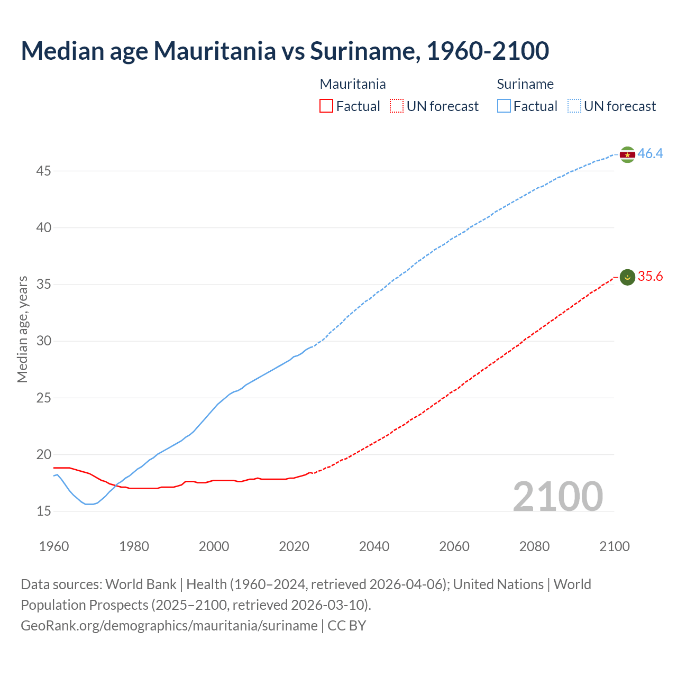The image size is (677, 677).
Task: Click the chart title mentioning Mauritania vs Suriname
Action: pyautogui.click(x=285, y=51)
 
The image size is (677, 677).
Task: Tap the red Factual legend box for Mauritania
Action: pyautogui.click(x=326, y=106)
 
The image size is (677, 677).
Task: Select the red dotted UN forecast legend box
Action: pyautogui.click(x=397, y=106)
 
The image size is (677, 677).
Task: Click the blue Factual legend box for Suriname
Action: pyautogui.click(x=504, y=106)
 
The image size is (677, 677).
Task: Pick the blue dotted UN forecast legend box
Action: pyautogui.click(x=574, y=106)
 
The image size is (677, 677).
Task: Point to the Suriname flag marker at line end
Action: pyautogui.click(x=627, y=154)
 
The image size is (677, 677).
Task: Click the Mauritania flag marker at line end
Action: pyautogui.click(x=627, y=277)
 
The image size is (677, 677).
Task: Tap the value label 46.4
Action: pyautogui.click(x=650, y=154)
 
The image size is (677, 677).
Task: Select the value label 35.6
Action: pyautogui.click(x=650, y=277)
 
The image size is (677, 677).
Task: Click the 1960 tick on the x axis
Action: pyautogui.click(x=54, y=546)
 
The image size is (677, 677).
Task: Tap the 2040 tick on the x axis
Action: pyautogui.click(x=374, y=546)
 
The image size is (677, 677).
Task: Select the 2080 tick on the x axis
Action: pyautogui.click(x=534, y=546)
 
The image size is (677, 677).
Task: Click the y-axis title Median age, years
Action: pyautogui.click(x=22, y=329)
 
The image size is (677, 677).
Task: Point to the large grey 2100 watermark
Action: pyautogui.click(x=557, y=496)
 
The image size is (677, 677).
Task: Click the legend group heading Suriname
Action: pyautogui.click(x=525, y=84)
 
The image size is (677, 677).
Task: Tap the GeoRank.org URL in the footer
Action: pyautogui.click(x=169, y=626)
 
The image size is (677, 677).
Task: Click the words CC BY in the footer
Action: pyautogui.click(x=347, y=626)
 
